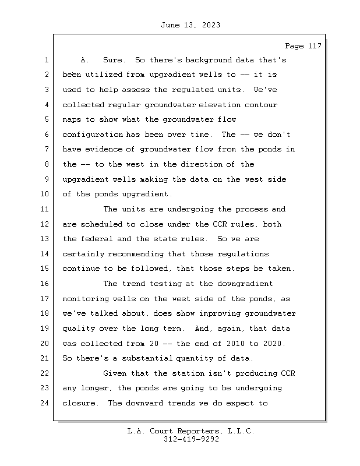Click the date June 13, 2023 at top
190,25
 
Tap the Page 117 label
303,46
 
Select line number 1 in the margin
45,60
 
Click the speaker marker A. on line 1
84,60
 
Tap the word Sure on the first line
113,60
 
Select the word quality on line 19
79,329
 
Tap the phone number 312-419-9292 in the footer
191,440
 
